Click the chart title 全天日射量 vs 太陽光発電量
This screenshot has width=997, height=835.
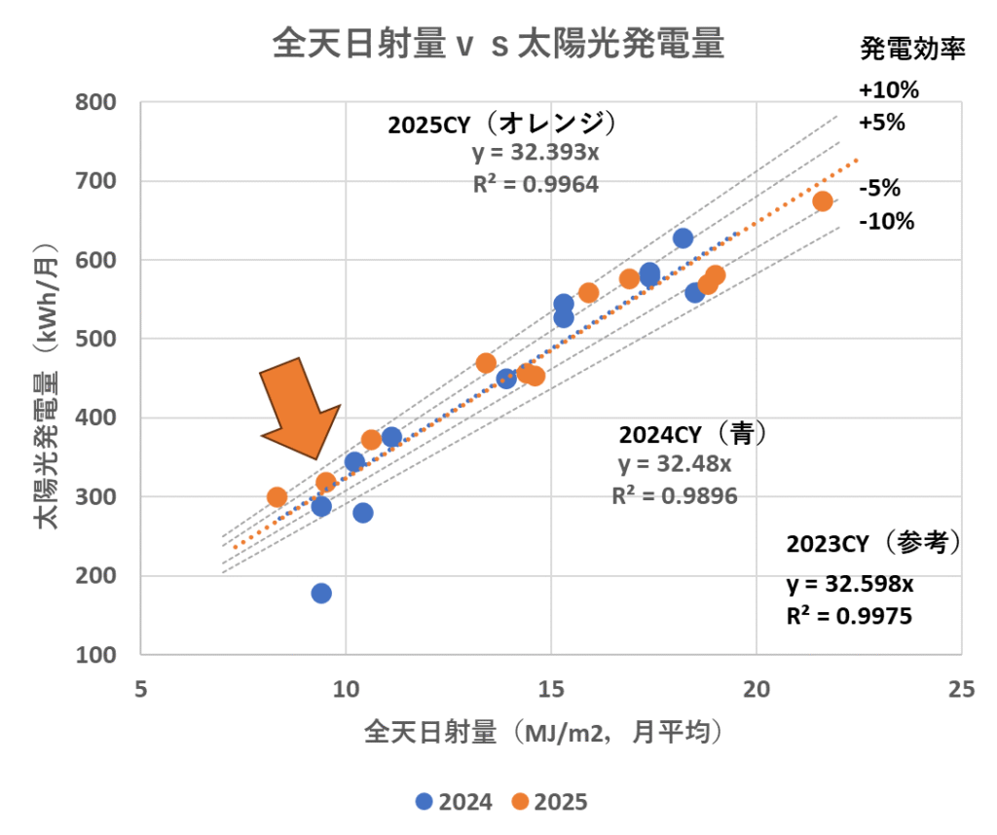[498, 45]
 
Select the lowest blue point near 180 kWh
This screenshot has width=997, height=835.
[321, 593]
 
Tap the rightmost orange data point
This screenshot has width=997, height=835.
[823, 201]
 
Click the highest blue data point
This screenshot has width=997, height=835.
[683, 238]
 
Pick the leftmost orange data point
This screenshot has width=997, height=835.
[277, 497]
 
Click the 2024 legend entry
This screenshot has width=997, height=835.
[454, 802]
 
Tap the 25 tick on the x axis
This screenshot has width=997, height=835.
[961, 687]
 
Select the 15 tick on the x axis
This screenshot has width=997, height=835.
[550, 687]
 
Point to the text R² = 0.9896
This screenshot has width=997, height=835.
[674, 495]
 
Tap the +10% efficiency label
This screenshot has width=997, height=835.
[888, 91]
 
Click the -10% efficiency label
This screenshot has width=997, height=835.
[886, 221]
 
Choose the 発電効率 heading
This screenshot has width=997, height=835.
[912, 50]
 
